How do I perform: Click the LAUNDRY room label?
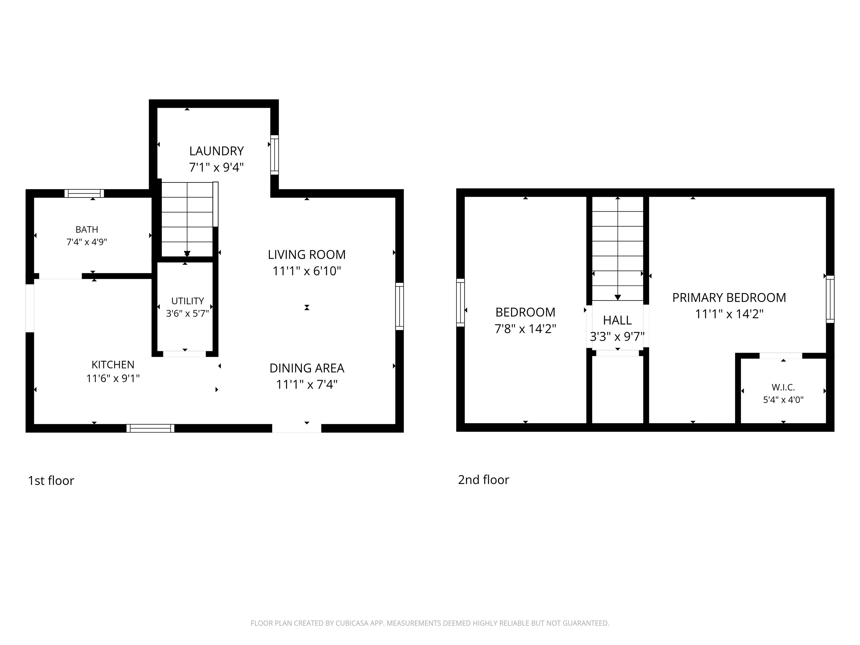click(x=217, y=151)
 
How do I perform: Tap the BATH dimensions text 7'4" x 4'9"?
click(x=87, y=242)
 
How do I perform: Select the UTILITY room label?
click(x=187, y=301)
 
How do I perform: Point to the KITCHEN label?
click(x=113, y=365)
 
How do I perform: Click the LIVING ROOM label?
click(x=307, y=255)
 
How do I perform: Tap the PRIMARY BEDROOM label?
click(x=729, y=298)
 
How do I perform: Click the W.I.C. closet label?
click(x=783, y=387)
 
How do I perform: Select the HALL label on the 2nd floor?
click(x=617, y=320)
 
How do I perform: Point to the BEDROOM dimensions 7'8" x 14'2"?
click(x=525, y=329)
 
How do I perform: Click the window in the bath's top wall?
click(x=84, y=193)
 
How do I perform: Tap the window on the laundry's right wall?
click(x=274, y=155)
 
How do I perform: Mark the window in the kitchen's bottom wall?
click(x=150, y=428)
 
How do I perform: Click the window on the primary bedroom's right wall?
click(x=830, y=299)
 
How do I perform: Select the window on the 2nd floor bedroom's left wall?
click(x=460, y=302)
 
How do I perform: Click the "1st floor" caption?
click(x=51, y=481)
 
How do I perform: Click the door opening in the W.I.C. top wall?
click(x=781, y=356)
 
